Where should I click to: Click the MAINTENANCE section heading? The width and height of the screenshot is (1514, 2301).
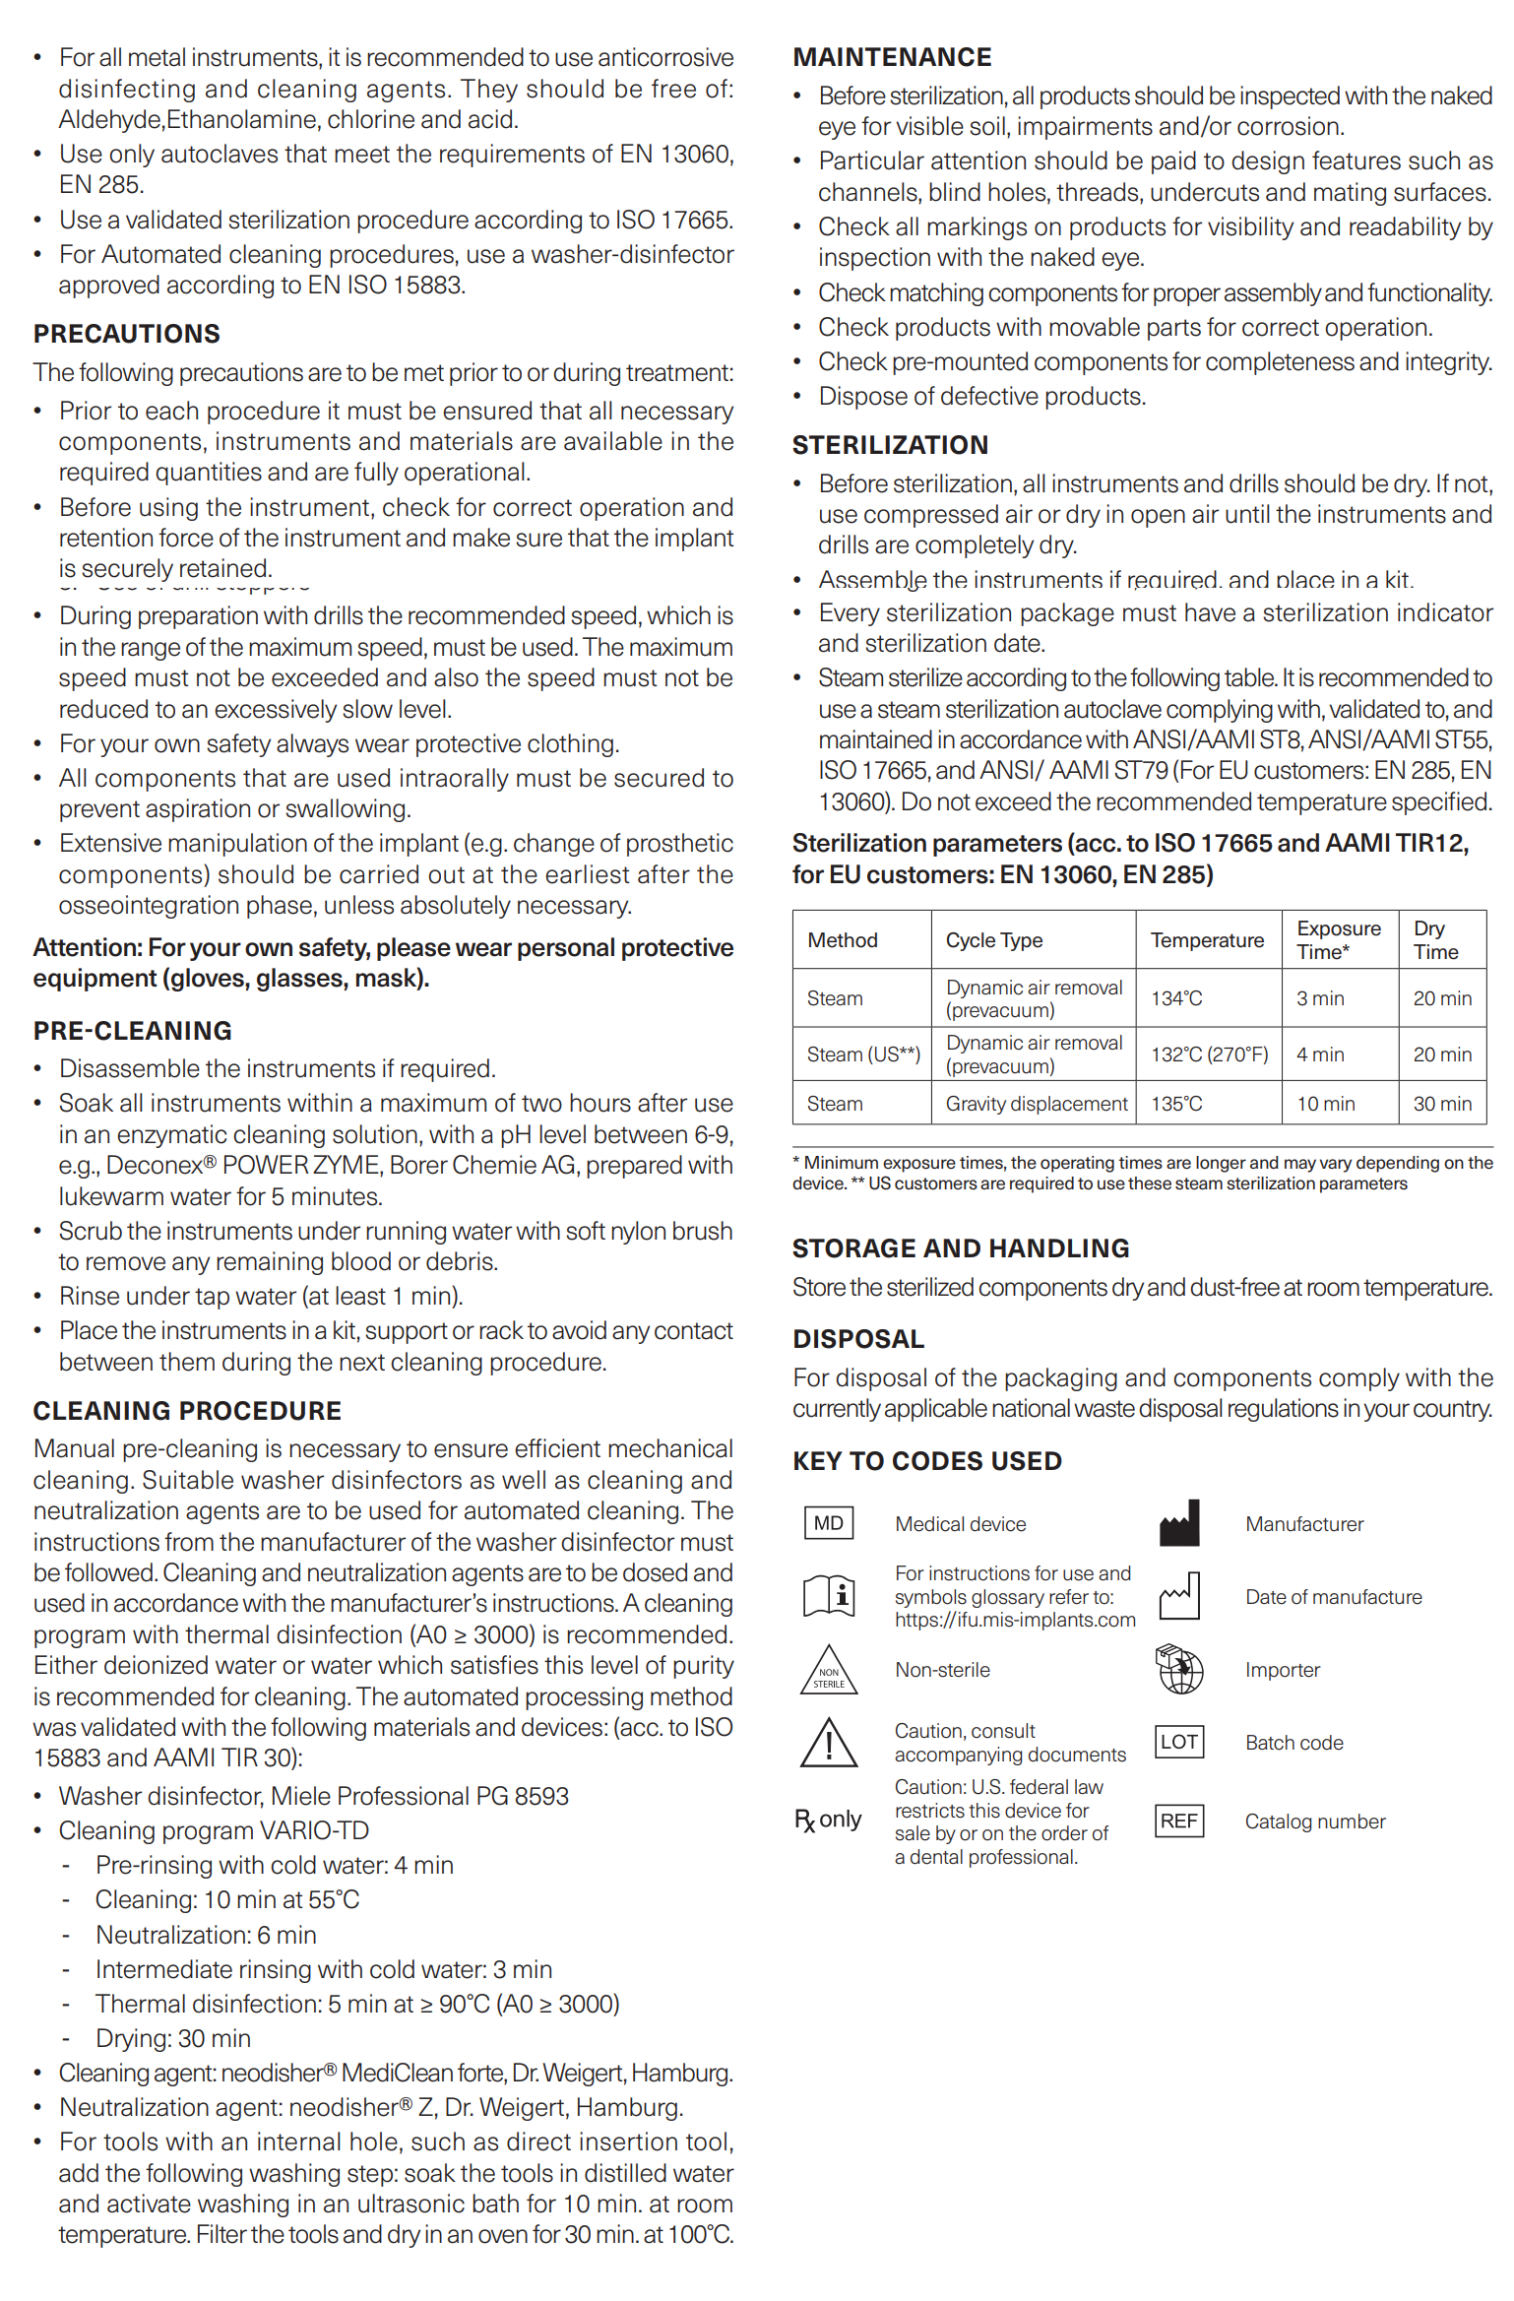tap(892, 57)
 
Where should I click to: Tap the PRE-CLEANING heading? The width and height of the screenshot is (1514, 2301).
tap(133, 1031)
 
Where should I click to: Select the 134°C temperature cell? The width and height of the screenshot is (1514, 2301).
tap(1176, 998)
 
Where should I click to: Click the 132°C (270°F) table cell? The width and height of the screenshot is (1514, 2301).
tap(1209, 1055)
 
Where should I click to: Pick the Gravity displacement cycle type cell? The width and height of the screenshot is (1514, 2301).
tap(1036, 1104)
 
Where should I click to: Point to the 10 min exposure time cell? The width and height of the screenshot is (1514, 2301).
tap(1325, 1104)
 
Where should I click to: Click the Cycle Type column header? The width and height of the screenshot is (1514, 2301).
tap(993, 940)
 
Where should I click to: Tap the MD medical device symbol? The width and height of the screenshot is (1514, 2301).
tap(828, 1523)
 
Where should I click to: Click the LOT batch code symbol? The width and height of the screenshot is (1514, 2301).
tap(1178, 1742)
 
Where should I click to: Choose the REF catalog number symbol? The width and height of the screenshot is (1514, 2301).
tap(1178, 1821)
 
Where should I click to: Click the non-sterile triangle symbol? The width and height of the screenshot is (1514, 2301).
tap(829, 1672)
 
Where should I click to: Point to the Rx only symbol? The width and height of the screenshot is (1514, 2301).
tap(828, 1820)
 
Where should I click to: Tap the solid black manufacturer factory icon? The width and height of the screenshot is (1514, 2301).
tap(1178, 1523)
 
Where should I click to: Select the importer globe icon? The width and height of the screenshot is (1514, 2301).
tap(1178, 1669)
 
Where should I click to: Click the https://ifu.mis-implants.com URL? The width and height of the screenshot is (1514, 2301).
tap(1015, 1620)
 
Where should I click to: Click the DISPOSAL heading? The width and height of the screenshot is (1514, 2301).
tap(858, 1339)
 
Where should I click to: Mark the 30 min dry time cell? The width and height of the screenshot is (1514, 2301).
tap(1442, 1104)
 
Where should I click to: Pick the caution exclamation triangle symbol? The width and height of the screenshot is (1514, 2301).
tap(829, 1743)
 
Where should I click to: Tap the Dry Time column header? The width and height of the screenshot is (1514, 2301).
tap(1435, 940)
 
